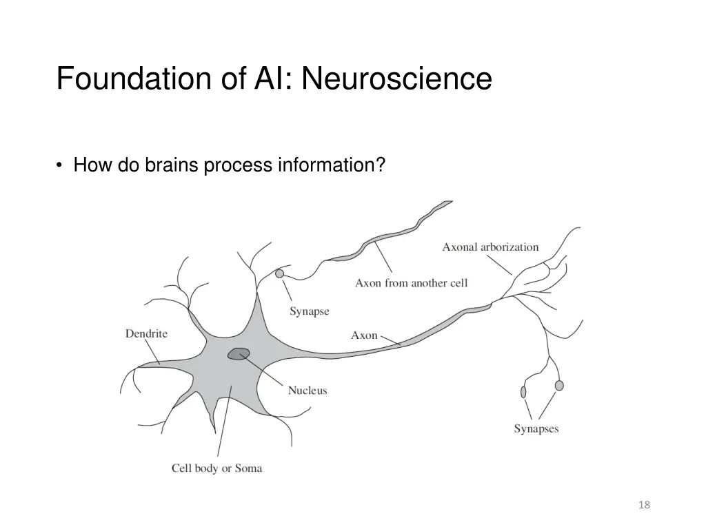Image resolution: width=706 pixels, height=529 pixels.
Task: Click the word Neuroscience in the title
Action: click(396, 79)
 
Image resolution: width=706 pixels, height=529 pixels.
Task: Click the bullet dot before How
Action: click(61, 166)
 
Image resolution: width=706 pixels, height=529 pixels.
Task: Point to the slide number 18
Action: click(644, 505)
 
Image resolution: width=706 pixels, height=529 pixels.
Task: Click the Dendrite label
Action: click(146, 333)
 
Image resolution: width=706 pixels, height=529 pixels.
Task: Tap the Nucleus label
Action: click(307, 391)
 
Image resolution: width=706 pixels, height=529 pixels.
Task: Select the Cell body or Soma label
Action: click(216, 468)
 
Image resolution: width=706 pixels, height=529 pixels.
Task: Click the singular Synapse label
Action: click(309, 311)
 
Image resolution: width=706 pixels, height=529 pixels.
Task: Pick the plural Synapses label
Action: click(536, 428)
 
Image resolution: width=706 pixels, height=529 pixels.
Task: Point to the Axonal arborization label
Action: click(490, 247)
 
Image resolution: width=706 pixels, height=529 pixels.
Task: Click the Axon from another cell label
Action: click(411, 283)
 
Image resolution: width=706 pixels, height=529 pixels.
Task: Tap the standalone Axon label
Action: click(364, 335)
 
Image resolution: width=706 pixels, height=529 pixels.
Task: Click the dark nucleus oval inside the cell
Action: click(239, 353)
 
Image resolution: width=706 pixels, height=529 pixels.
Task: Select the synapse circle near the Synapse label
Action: click(279, 273)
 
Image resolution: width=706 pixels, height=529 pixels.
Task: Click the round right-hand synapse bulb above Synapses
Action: click(558, 385)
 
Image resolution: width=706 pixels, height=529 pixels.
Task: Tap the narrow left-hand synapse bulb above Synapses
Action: click(523, 391)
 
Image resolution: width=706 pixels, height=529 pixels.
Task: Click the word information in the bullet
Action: click(330, 166)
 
